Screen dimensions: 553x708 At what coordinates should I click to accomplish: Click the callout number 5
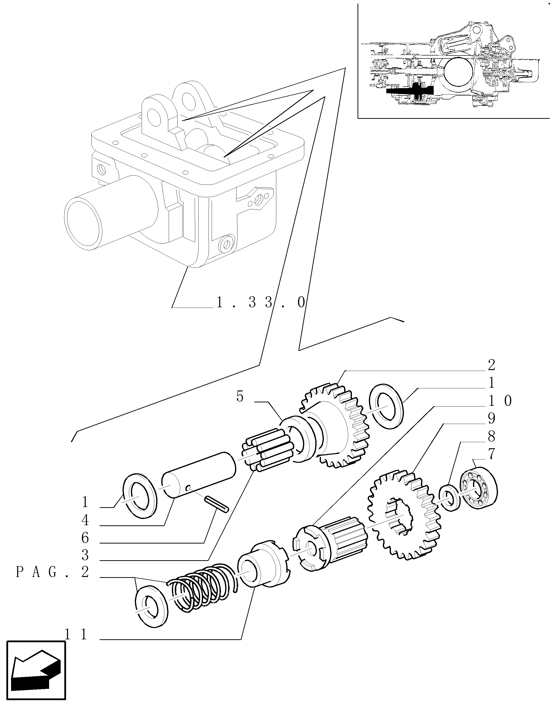[x=240, y=396]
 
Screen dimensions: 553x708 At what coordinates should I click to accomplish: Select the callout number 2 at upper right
[x=491, y=365]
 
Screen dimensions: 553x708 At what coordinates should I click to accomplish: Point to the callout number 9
[x=491, y=419]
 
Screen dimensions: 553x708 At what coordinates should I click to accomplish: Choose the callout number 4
[x=85, y=521]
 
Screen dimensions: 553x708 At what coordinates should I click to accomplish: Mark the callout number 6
[x=85, y=538]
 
